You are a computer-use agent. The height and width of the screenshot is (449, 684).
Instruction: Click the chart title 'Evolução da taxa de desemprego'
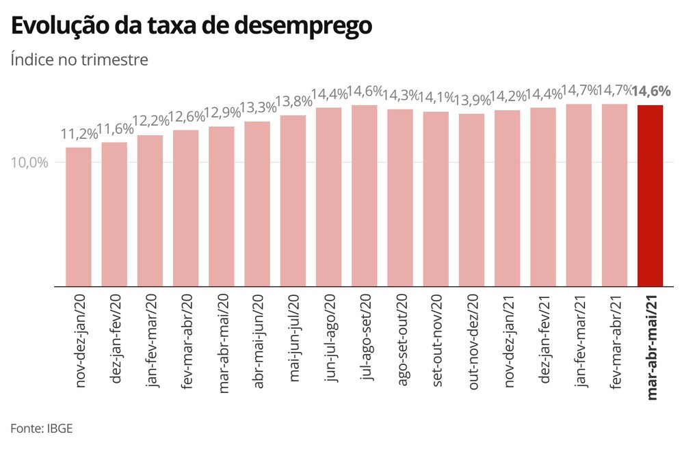coord(192,25)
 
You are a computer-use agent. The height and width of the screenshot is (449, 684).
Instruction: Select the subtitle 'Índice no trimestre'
coord(79,59)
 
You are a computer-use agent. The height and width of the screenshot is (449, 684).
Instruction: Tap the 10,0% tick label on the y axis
coord(29,163)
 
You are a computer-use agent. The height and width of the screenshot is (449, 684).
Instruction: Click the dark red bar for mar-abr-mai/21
coord(650,196)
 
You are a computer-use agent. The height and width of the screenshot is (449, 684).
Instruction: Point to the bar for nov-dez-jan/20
coord(79,217)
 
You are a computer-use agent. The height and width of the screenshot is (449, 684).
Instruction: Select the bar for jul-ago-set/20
coord(365,196)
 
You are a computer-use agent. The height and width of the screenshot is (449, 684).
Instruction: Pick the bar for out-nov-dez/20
coord(471,200)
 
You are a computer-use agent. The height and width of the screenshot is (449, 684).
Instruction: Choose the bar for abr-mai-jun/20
coord(257,204)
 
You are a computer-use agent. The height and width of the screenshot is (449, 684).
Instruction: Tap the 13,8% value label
coord(293,103)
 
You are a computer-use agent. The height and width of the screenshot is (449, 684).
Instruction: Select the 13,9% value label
coord(471,100)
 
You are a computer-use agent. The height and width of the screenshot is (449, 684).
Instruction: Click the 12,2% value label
coord(150,122)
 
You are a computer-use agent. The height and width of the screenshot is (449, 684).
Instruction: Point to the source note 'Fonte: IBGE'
coord(42,428)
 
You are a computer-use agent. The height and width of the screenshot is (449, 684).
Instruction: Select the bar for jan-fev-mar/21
coord(579,195)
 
